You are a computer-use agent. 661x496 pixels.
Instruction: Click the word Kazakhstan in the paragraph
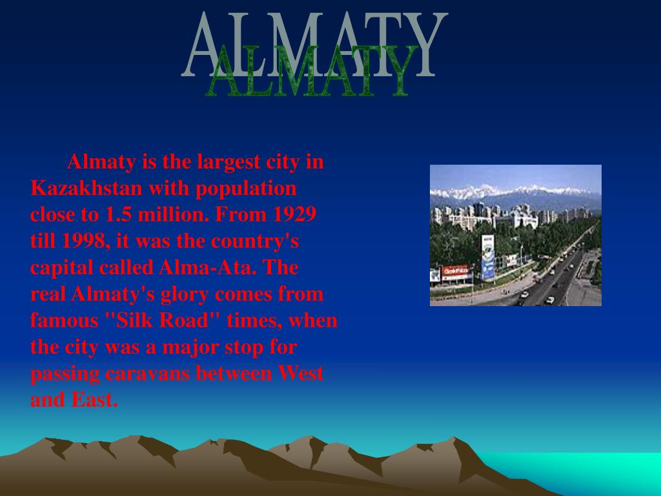[86, 188]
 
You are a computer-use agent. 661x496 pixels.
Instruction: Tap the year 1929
[294, 214]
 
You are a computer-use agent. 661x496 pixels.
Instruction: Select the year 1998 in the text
[85, 242]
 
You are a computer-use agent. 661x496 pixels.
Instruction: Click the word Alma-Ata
[207, 267]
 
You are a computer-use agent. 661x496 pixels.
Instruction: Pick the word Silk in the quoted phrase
[133, 320]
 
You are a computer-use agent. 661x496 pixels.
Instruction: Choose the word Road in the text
[184, 320]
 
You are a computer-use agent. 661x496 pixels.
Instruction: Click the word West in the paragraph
[300, 373]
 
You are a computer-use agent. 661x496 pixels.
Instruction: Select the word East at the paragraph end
[95, 400]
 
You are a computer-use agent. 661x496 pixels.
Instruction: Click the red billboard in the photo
[455, 272]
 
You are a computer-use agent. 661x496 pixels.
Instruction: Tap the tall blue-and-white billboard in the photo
[488, 257]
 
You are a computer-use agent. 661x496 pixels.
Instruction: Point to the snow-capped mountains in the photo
[515, 195]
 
